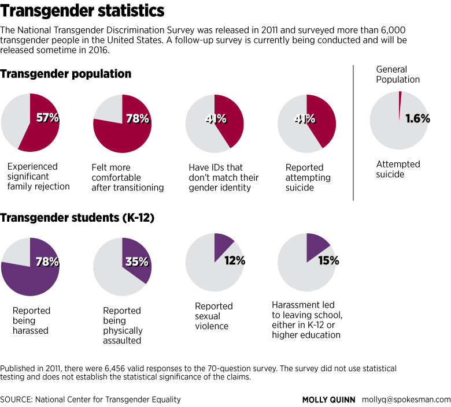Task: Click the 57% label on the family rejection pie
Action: (47, 118)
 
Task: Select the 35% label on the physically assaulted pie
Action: (137, 262)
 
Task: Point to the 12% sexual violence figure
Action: (234, 260)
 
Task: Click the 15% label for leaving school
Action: (328, 260)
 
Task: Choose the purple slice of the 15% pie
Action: (317, 244)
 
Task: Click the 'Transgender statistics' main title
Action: (83, 11)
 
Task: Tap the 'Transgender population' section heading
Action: (66, 74)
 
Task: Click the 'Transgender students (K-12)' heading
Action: (77, 218)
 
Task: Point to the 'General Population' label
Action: (397, 74)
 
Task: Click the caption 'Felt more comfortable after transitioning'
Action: (127, 177)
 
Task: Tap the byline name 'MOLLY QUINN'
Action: (330, 399)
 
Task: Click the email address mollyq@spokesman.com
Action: (406, 399)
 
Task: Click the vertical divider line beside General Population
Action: (353, 133)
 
